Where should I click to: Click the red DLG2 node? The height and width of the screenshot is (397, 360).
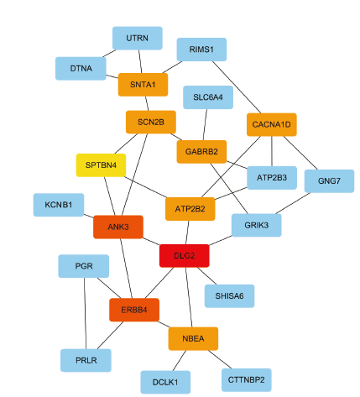tap(185, 256)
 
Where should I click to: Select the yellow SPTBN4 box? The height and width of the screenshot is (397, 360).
tap(101, 165)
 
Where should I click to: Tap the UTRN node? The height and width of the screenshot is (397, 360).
tap(138, 38)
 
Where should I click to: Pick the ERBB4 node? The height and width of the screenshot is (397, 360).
tap(134, 310)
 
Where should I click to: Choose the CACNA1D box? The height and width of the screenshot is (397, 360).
tap(272, 124)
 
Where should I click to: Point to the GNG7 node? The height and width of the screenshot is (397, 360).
tap(329, 181)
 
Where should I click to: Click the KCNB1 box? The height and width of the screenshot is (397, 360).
tap(59, 205)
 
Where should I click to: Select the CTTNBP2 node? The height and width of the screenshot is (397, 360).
tap(247, 380)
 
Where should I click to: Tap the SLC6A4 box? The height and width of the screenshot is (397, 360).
tap(208, 97)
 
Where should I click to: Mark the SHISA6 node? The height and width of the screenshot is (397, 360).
tap(229, 296)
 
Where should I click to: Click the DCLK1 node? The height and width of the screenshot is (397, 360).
tap(165, 382)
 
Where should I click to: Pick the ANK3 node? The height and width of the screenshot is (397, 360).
tap(118, 227)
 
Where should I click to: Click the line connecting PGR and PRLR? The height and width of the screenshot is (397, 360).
tap(85, 313)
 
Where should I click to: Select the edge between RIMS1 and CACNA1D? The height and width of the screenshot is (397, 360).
tap(237, 87)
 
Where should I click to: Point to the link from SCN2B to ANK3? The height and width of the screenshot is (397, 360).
tap(134, 175)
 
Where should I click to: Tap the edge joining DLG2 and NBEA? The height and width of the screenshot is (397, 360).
tap(189, 297)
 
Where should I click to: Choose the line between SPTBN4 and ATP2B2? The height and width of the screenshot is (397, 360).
tap(145, 187)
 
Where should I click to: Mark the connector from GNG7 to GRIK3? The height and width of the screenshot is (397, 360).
tap(293, 203)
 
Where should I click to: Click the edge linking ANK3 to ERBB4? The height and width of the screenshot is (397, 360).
tap(126, 269)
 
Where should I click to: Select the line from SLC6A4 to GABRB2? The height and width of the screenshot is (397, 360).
tap(205, 125)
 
